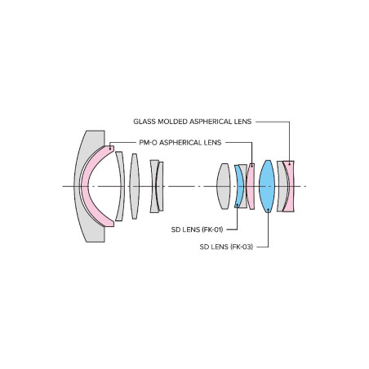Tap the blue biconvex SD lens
coord(267,186)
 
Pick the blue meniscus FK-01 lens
coord(239,186)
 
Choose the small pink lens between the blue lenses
coord(251,186)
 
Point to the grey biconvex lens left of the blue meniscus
coord(224,186)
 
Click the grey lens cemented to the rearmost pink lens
coord(282,186)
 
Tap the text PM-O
coord(148,143)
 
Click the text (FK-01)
coord(212,229)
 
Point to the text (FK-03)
coord(242,247)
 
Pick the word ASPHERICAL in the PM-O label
coord(181,143)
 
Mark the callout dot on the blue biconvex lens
coord(269,209)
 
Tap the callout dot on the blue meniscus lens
coord(238,204)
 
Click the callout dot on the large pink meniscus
coord(110,149)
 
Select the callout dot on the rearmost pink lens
coord(289,164)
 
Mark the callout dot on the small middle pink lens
coord(252,166)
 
